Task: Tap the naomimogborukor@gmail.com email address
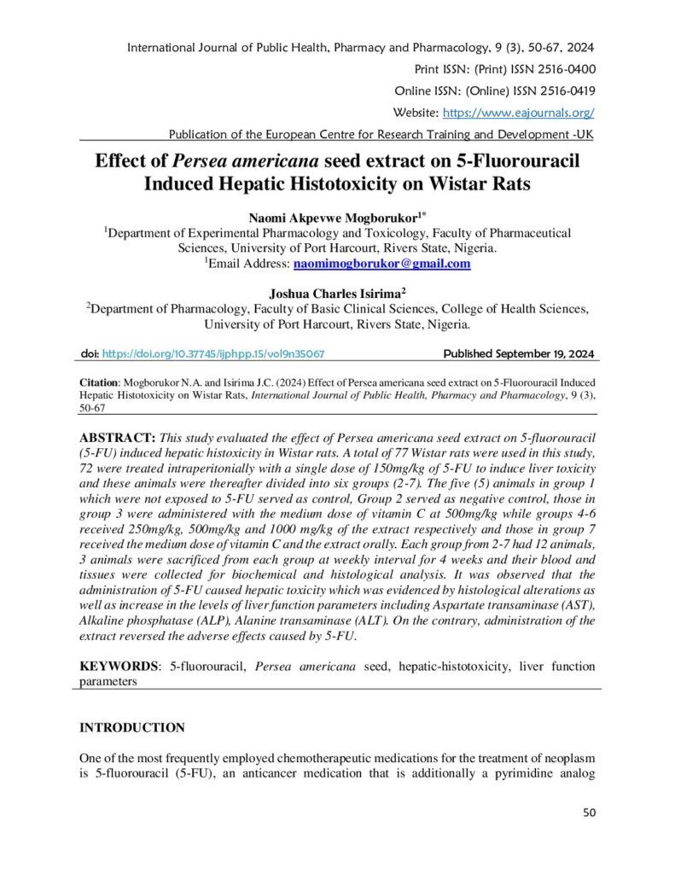pos(382,265)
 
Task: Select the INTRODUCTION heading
pos(132,728)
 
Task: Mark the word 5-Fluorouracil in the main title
pos(514,161)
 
